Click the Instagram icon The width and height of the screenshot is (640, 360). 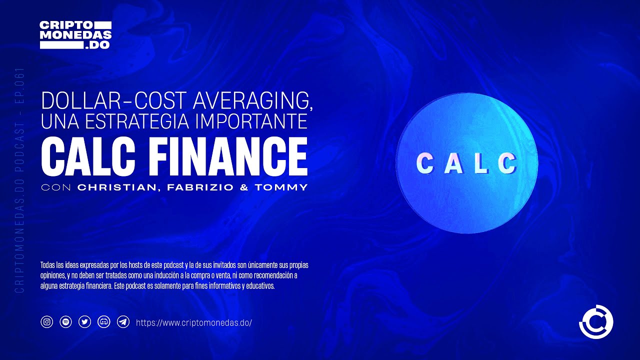tap(47, 322)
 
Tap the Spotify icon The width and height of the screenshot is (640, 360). tap(65, 322)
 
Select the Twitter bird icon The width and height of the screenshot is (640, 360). tap(85, 322)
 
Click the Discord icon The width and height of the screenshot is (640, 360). tap(104, 322)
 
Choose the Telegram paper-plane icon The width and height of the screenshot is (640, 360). tap(123, 322)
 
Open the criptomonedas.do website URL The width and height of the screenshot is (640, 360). tap(194, 323)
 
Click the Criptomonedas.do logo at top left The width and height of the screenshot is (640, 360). tap(75, 35)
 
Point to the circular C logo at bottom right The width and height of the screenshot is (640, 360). tap(596, 321)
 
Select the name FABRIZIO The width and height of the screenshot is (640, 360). tap(200, 187)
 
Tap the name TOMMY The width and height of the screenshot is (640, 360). tap(281, 187)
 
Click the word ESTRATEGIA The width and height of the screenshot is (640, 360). tap(137, 121)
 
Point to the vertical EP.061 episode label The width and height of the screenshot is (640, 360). tap(19, 85)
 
